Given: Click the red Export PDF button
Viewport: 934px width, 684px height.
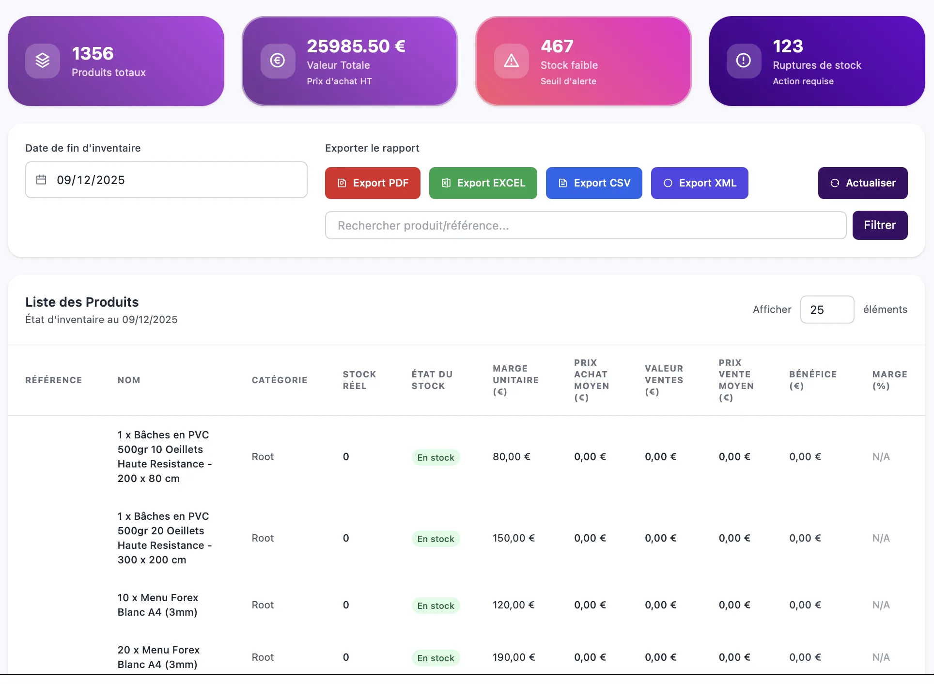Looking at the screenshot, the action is point(373,183).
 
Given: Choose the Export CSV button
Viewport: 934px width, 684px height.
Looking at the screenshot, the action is point(594,183).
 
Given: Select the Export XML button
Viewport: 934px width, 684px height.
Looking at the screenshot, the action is point(700,183).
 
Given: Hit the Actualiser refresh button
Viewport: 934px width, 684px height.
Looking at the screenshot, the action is point(863,183).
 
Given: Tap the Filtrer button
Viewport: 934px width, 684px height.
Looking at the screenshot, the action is point(880,225).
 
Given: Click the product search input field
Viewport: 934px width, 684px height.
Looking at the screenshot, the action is point(586,225).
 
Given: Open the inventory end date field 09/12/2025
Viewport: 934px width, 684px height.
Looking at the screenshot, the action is point(166,180).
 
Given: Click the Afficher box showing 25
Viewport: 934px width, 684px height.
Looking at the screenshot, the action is point(827,310).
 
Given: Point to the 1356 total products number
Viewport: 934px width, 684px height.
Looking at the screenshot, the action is point(93,53).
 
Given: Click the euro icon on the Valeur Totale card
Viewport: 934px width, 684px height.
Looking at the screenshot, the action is point(278,61).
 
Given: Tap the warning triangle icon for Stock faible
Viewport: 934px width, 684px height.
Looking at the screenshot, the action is point(511,61).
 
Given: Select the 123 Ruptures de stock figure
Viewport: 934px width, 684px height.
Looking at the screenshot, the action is point(788,46).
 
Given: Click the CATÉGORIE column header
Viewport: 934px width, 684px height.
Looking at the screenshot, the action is point(280,380).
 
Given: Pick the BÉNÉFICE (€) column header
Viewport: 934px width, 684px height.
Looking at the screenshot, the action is point(813,380).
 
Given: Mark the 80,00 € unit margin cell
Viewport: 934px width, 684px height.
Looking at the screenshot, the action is point(512,457).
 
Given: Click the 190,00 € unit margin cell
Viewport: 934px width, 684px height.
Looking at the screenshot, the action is point(514,657).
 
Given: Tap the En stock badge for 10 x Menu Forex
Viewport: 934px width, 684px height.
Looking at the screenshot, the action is point(436,606).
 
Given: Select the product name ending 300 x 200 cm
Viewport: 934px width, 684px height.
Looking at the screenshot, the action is point(165,538).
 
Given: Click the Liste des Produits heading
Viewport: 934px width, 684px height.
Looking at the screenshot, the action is point(82,302).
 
